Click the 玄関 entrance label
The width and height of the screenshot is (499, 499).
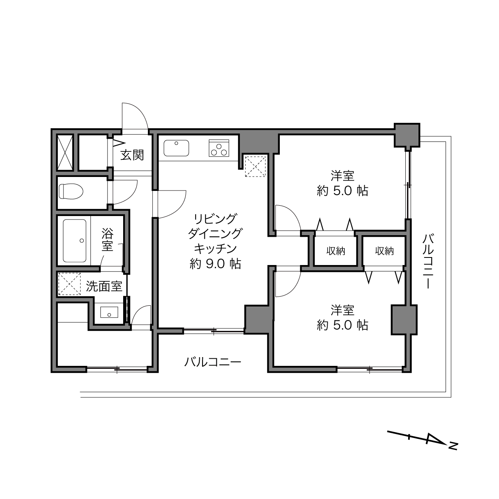point(132,155)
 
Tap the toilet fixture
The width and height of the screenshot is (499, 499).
point(71,191)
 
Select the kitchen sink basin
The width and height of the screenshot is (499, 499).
point(176,148)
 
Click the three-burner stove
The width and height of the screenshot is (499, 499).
point(219,148)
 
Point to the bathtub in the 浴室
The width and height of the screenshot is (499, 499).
point(75,241)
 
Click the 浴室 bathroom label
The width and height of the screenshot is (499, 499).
point(108,240)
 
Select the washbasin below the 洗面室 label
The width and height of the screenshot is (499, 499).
point(109,312)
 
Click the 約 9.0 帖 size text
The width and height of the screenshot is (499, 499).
point(216,264)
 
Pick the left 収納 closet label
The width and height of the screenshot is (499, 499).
point(336,251)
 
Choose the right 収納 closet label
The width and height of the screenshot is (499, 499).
point(385,251)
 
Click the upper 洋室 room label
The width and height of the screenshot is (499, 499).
point(342,176)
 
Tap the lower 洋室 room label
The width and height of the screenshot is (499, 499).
point(342,310)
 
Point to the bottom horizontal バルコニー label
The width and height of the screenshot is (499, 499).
point(212,362)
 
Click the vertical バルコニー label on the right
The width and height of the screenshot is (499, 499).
point(428,261)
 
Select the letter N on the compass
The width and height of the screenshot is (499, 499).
point(453,446)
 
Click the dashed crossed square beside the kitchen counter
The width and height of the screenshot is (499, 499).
point(255,167)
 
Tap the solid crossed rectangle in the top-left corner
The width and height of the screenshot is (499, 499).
point(65,152)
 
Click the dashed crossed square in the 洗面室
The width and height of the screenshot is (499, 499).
point(69,284)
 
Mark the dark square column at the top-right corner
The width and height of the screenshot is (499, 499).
point(407,135)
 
